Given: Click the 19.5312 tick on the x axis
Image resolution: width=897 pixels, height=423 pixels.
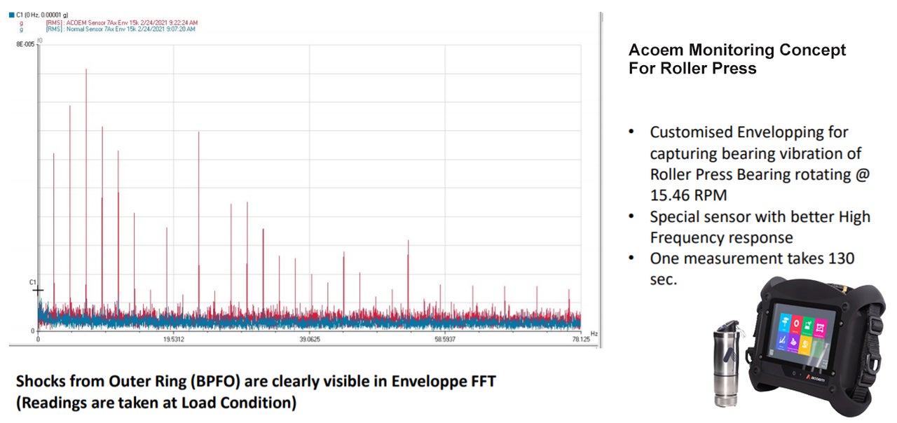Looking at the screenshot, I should [x=173, y=340].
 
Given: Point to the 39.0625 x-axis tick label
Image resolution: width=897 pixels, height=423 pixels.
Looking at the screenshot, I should [x=310, y=340].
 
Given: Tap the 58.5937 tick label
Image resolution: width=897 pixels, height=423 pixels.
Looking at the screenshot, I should [x=445, y=340].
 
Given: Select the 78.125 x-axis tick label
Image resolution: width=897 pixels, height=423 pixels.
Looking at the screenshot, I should [x=580, y=340].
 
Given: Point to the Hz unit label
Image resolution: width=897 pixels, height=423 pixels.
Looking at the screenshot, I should [x=594, y=333].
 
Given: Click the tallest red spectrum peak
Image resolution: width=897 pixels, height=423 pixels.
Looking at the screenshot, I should [x=86, y=70].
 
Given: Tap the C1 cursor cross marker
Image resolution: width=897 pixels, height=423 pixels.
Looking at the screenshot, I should [x=38, y=289].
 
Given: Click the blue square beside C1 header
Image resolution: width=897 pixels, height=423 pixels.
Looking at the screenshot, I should [x=12, y=14].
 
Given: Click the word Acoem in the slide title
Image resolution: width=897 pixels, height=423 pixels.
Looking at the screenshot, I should [x=656, y=50].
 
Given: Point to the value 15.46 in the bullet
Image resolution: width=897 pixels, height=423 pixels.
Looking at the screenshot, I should [x=670, y=195].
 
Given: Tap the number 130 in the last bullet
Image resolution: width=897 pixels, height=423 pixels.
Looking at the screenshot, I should [x=840, y=258].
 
